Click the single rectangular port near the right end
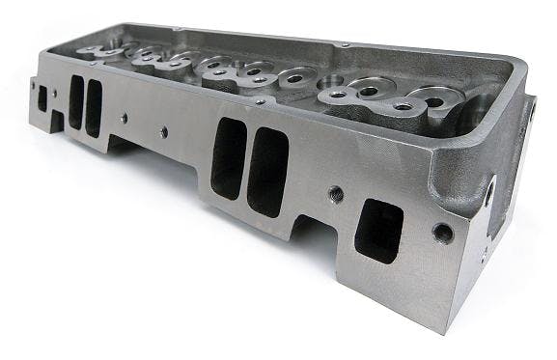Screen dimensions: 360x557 tap(378, 229)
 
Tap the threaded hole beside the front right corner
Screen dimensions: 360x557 tap(441, 232)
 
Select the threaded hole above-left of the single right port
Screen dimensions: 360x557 tap(334, 193)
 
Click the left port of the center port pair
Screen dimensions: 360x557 tap(228, 158)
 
